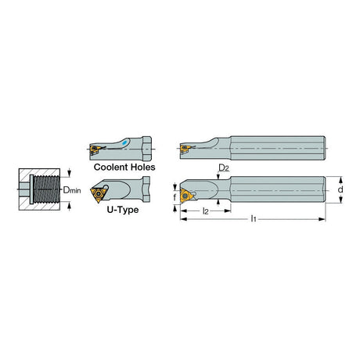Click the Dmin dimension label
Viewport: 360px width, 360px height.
click(72, 190)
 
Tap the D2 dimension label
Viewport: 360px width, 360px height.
click(224, 168)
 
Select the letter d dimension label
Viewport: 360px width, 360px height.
click(340, 189)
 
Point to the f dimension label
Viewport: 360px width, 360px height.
click(175, 197)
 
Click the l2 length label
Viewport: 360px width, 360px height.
click(206, 211)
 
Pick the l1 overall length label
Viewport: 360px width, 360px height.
click(254, 218)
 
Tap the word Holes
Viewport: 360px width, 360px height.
click(143, 167)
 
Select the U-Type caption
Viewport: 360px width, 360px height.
click(123, 210)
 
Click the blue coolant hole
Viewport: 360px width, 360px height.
click(125, 142)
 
